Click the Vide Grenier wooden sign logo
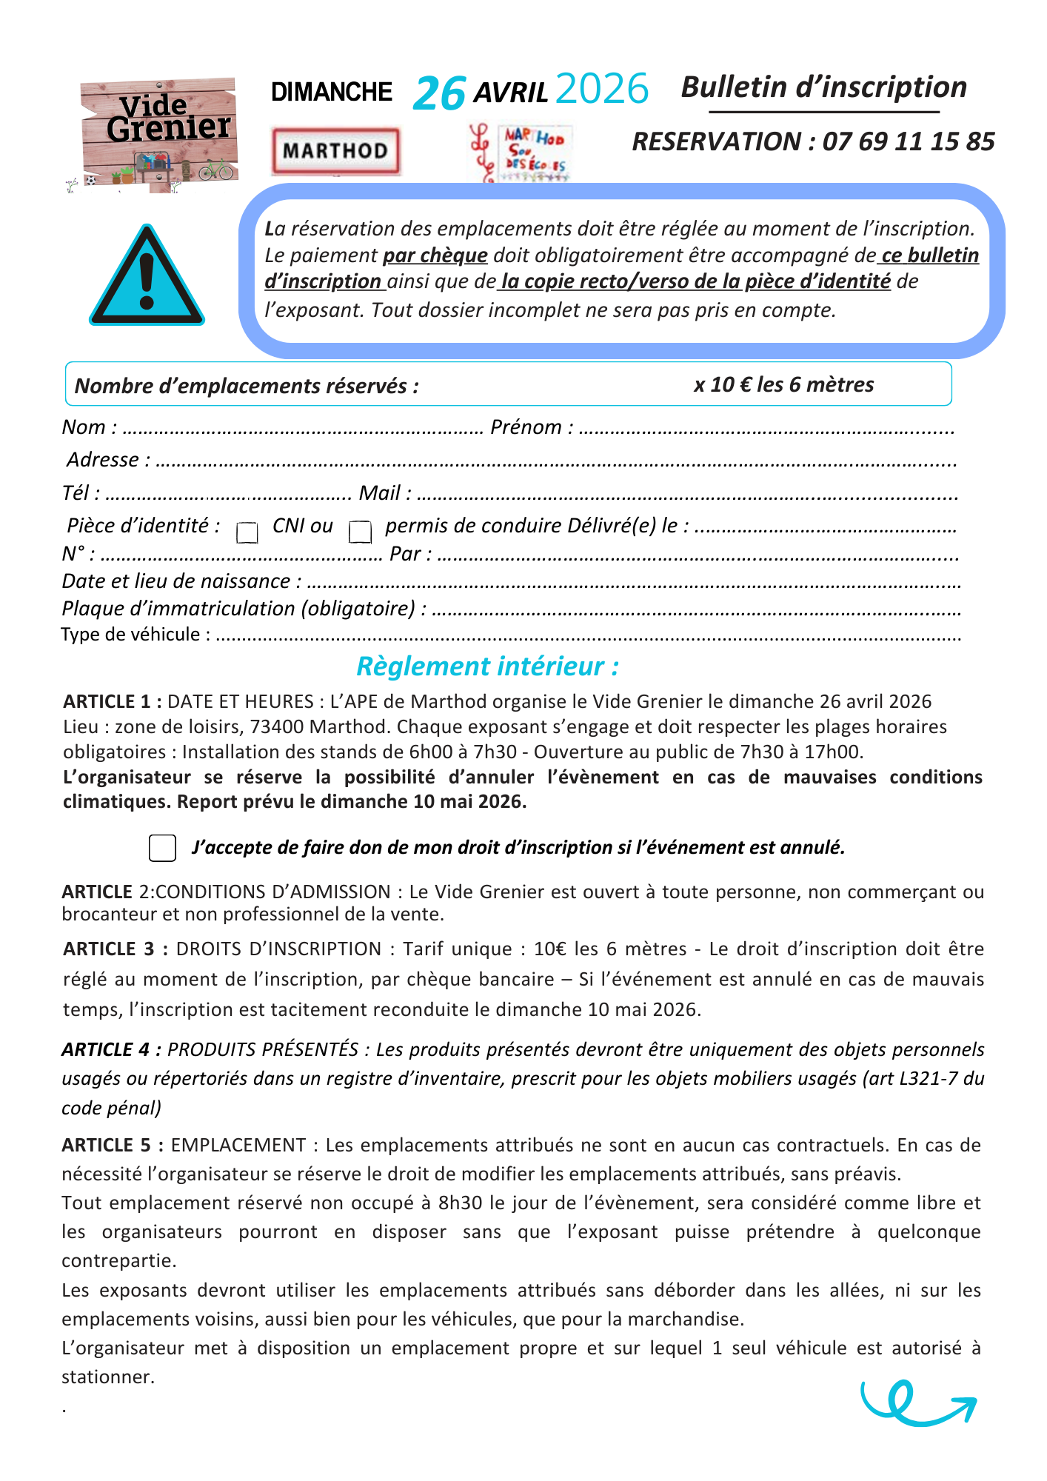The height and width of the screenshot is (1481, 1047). [159, 136]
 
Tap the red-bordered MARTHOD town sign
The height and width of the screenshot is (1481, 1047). [335, 151]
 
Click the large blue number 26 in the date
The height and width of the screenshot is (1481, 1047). [439, 94]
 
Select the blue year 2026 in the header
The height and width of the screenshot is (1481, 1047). [601, 90]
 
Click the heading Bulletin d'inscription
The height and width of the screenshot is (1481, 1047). [823, 87]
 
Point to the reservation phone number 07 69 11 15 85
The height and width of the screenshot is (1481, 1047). [909, 141]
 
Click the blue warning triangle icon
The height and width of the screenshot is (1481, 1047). [147, 275]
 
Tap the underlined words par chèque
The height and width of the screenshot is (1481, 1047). [435, 255]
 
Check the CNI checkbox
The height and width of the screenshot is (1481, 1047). [247, 532]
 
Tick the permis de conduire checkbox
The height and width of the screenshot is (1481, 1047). [360, 532]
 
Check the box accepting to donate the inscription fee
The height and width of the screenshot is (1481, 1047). [162, 848]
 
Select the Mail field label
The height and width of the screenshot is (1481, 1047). [384, 493]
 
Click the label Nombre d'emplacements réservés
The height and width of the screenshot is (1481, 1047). [247, 386]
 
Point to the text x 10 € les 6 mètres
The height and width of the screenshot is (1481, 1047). [783, 384]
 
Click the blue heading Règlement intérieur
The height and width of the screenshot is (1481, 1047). [487, 666]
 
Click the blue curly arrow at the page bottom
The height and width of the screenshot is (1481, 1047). [917, 1403]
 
